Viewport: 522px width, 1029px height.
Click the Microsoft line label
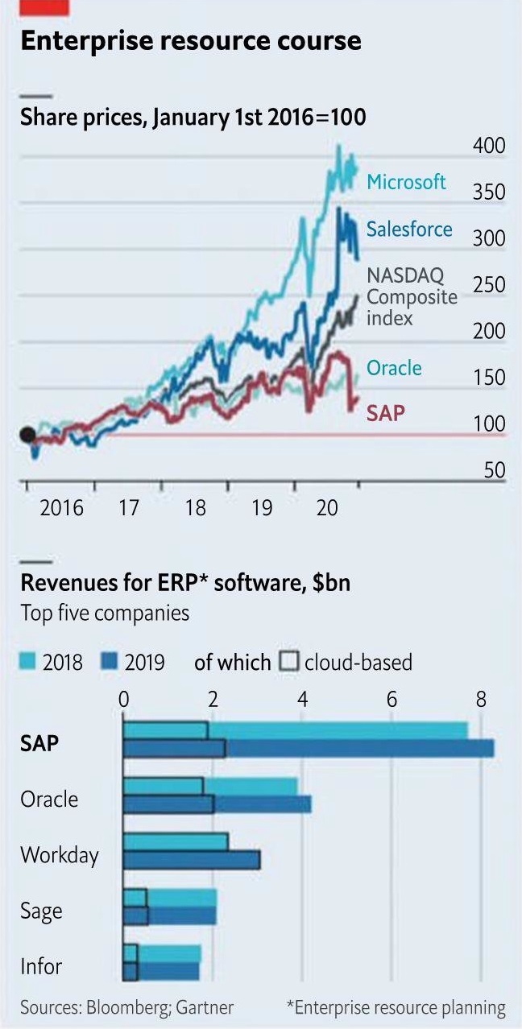point(406,182)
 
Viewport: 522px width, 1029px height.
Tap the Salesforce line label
point(409,229)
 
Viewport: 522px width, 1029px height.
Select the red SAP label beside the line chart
point(386,414)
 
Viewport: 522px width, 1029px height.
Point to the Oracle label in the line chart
point(394,368)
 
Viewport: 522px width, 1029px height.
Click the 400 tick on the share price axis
point(489,146)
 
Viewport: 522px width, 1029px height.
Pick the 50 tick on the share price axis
point(495,471)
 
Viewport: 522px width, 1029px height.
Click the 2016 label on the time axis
point(62,508)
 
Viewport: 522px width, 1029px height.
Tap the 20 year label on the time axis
point(326,508)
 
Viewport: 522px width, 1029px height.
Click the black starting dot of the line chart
point(27,436)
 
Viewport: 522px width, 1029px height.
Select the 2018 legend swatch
point(28,663)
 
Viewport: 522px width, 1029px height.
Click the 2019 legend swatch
point(110,663)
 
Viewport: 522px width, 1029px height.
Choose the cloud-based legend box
point(289,663)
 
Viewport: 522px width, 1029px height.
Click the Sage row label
point(41,911)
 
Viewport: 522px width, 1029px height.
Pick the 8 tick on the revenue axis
point(481,699)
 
